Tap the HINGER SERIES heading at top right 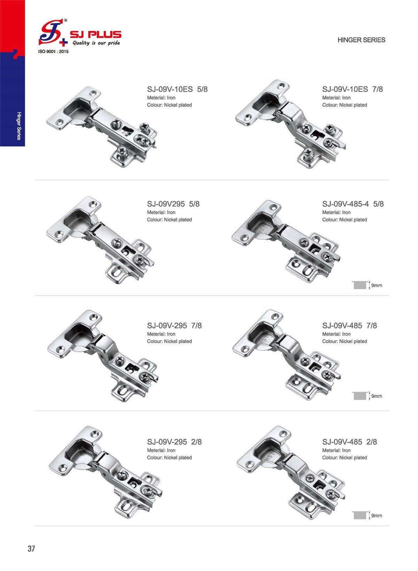[361, 40]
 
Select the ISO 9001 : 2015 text [53, 52]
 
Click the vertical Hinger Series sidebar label [19, 126]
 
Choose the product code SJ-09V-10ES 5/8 [177, 89]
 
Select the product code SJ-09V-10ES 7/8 [352, 89]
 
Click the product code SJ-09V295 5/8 [173, 204]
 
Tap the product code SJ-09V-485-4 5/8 [353, 204]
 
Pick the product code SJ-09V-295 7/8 [174, 325]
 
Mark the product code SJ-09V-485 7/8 [349, 325]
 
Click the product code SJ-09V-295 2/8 [174, 442]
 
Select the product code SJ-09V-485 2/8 [349, 442]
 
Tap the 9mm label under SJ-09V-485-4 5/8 [377, 286]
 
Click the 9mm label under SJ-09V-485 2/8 [377, 516]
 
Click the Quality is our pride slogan [96, 43]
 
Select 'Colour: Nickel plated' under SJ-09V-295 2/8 [169, 457]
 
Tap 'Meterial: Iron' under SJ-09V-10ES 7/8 [336, 98]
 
